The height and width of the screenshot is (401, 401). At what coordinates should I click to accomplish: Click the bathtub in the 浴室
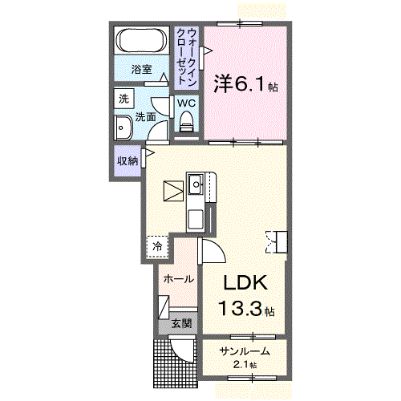[x=141, y=41]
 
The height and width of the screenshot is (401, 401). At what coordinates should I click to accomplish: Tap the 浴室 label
[x=141, y=70]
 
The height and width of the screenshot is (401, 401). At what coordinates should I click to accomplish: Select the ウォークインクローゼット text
[x=187, y=55]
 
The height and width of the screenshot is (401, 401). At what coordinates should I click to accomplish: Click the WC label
[x=186, y=103]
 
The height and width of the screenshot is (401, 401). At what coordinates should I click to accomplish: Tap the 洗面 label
[x=144, y=117]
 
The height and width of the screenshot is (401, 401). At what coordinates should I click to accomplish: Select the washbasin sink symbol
[x=124, y=128]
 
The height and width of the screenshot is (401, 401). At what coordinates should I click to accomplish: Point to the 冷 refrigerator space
[x=158, y=247]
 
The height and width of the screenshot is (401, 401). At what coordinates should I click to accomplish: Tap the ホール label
[x=177, y=278]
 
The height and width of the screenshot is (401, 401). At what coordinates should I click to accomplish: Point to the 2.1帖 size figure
[x=244, y=365]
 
